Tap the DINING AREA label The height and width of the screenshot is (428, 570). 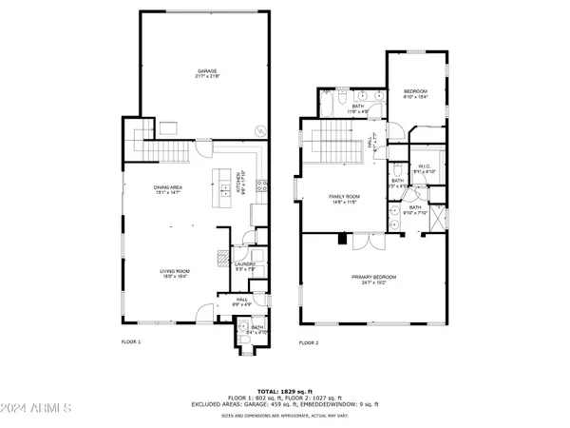pyautogui.click(x=168, y=189)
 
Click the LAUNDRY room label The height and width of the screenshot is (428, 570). pyautogui.click(x=247, y=267)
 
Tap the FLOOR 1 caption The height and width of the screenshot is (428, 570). pyautogui.click(x=130, y=341)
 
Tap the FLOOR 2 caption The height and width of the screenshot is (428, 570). pyautogui.click(x=308, y=341)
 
